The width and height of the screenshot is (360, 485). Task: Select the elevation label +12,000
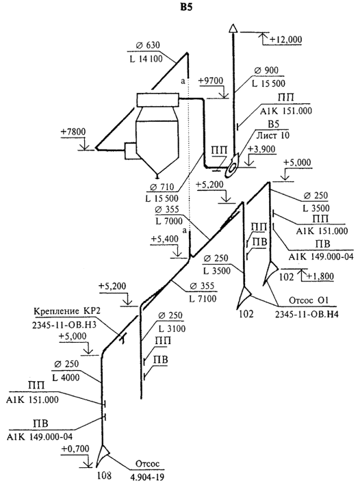tap(285, 39)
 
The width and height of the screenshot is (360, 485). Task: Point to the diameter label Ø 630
tap(148, 45)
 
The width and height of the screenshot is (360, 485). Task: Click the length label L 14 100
tap(146, 59)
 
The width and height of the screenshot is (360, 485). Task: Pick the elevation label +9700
tap(211, 81)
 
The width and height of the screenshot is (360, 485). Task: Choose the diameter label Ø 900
tap(266, 70)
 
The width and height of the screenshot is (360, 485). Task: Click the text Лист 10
tap(272, 135)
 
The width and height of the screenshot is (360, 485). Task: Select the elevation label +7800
tap(73, 132)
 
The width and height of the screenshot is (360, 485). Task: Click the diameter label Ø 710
tap(162, 187)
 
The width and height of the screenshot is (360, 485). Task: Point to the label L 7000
tap(169, 222)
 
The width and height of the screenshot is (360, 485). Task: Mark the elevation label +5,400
tap(165, 239)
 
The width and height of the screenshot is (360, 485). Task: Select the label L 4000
tap(66, 378)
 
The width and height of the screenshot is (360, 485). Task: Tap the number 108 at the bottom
tap(104, 475)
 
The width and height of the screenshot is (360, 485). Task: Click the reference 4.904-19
tap(147, 476)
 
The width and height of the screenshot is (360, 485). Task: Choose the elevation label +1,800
tap(320, 276)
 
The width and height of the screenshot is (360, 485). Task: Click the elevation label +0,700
tap(75, 449)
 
